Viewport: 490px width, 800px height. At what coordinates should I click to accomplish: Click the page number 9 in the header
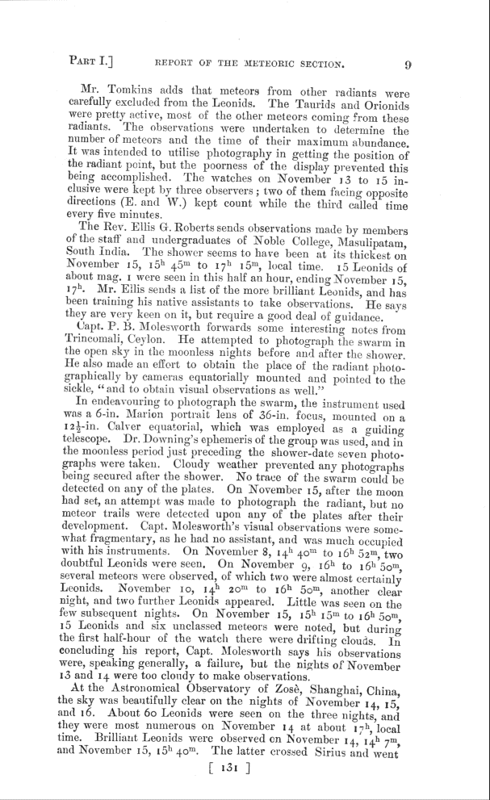click(x=408, y=64)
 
